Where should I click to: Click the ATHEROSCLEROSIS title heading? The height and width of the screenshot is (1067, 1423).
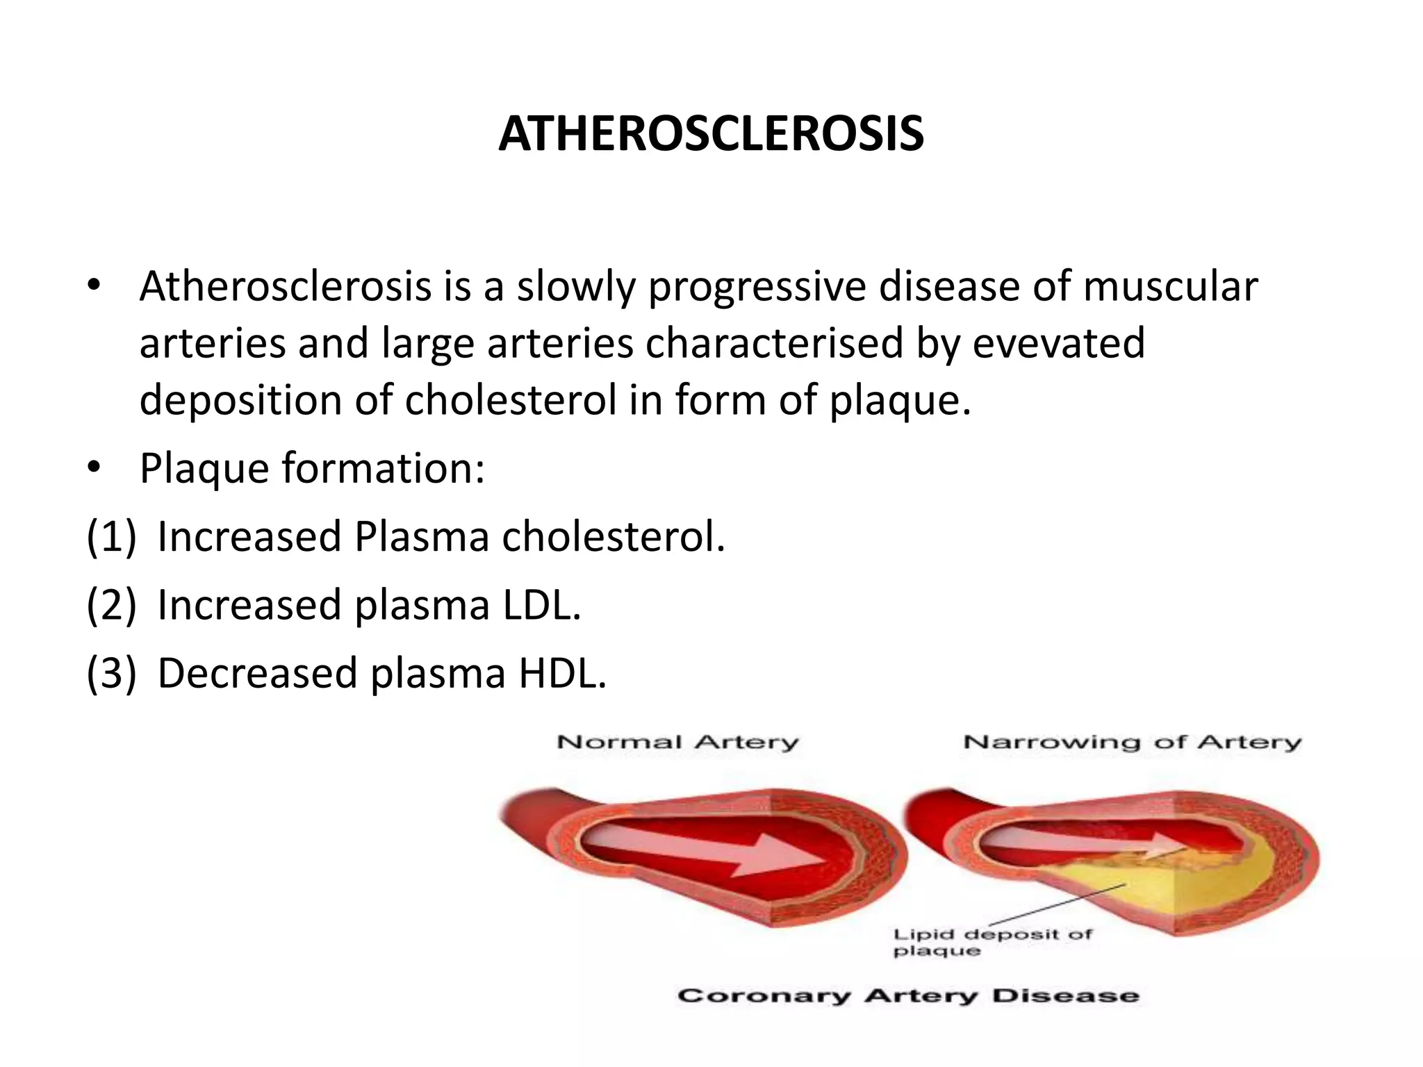711,134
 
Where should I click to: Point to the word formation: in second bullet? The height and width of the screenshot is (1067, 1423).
383,469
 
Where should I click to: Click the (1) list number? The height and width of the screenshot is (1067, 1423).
111,537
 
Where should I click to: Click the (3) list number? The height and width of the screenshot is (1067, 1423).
111,673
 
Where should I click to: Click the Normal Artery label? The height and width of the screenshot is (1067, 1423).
677,743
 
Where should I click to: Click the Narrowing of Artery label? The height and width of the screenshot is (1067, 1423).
1132,743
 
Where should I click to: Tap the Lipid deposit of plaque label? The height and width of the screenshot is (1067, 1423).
992,943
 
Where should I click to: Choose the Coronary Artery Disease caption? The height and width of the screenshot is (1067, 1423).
908,996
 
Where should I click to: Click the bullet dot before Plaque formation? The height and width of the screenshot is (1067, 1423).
94,469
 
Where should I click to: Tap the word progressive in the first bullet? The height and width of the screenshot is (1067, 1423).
757,287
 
